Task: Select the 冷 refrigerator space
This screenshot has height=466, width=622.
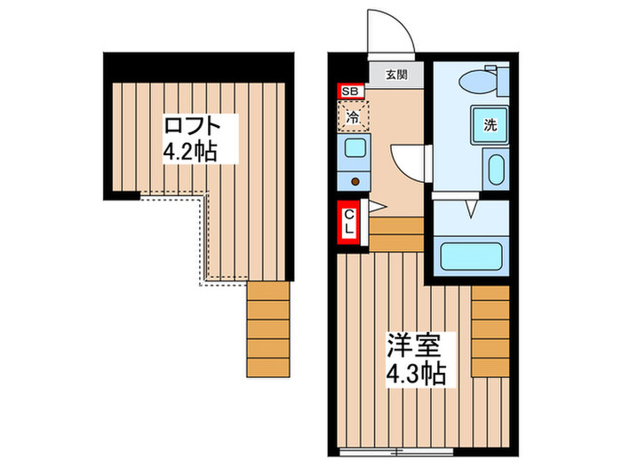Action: (353, 115)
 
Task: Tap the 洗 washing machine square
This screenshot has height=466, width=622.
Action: (490, 125)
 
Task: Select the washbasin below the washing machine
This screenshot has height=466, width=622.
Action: (496, 169)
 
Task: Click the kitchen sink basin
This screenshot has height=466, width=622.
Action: (354, 147)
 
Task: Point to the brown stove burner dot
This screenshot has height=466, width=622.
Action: (355, 181)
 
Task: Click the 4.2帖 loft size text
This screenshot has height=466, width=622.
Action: (188, 152)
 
